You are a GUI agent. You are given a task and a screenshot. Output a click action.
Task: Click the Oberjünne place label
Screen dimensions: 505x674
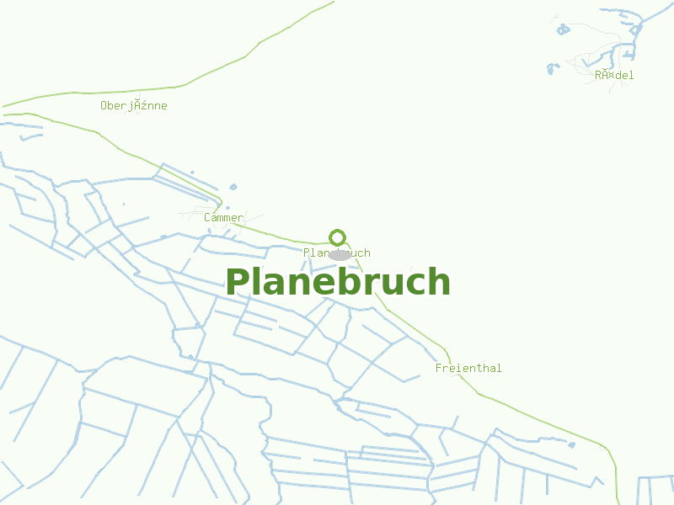pos(133,106)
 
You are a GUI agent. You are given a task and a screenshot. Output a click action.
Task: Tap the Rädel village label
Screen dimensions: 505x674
pos(614,75)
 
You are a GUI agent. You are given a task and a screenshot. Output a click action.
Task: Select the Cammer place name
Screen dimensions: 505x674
pos(223,218)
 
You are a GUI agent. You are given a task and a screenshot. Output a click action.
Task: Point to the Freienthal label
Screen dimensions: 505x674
pos(468,369)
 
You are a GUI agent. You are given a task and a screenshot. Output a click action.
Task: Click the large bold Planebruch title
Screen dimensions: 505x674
pos(337,283)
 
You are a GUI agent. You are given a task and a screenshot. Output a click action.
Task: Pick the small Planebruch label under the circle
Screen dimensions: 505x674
pos(336,253)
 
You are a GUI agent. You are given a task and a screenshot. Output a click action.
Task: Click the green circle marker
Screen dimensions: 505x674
pos(338,237)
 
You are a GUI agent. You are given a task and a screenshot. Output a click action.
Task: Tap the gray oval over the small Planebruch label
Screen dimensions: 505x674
pos(340,254)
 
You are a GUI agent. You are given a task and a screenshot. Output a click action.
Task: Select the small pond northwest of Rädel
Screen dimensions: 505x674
pos(563,29)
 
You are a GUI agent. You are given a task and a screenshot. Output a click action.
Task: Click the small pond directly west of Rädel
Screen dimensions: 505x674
pos(552,68)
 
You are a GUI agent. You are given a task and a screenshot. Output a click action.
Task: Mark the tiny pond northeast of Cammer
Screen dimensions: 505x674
pos(233,187)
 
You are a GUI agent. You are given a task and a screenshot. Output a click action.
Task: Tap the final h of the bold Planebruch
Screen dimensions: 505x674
pos(439,283)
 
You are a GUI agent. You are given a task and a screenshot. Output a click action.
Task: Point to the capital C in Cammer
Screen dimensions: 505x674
pos(207,218)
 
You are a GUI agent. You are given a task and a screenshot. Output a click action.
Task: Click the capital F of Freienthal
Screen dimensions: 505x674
pos(439,369)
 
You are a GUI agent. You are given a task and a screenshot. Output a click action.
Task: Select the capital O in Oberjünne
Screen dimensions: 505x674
pos(104,106)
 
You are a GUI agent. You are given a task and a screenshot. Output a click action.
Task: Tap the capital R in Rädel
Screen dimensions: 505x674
pos(598,75)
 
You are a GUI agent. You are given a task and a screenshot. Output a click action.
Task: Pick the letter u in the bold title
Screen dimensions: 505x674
pos(393,284)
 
